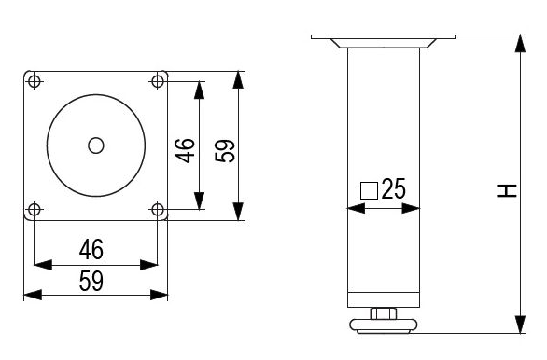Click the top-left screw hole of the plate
coord(34,82)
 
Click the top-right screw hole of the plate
coord(158,81)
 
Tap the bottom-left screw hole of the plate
coord(34,210)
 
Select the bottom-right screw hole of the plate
coord(158,210)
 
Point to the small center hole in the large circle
coord(96,145)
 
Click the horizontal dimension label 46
coord(91,250)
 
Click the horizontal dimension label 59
coord(91,281)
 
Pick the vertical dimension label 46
coord(185,150)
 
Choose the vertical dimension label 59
coord(225,150)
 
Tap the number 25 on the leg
coord(394,188)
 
